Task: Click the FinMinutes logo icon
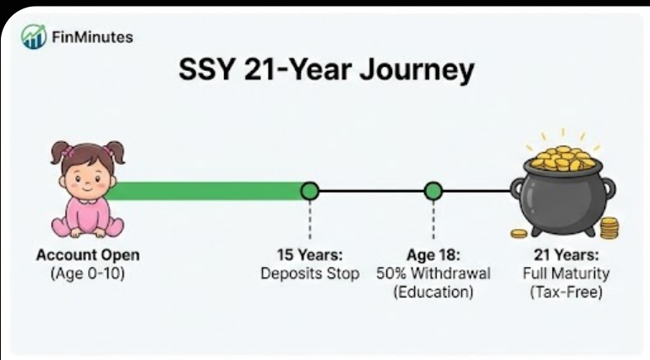click(x=34, y=36)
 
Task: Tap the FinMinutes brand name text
click(x=91, y=36)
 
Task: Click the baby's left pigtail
click(x=58, y=153)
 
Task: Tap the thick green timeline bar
click(x=207, y=191)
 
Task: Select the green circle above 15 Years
click(x=310, y=191)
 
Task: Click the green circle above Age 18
click(x=434, y=191)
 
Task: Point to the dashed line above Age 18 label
click(x=434, y=221)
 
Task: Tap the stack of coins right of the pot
click(x=609, y=228)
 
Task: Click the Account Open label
click(x=88, y=254)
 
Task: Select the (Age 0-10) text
click(x=88, y=274)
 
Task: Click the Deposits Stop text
click(x=309, y=274)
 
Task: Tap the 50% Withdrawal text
click(x=434, y=274)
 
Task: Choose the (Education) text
click(x=434, y=292)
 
